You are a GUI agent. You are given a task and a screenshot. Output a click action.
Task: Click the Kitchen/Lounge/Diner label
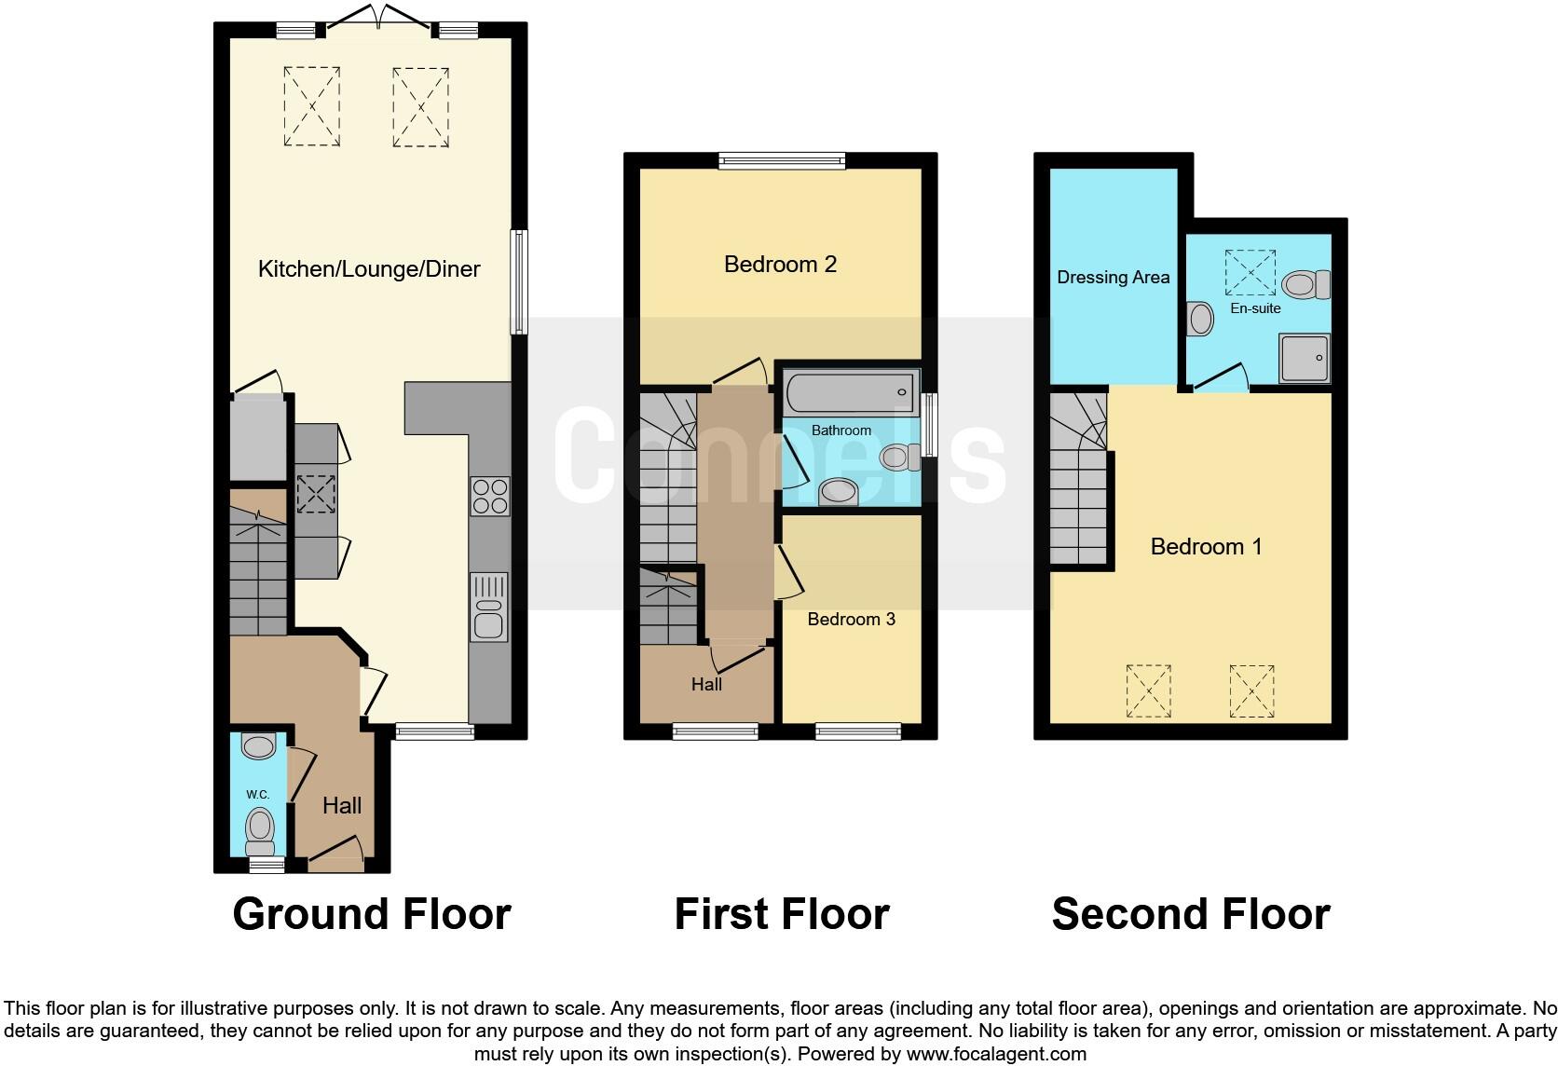click(x=369, y=269)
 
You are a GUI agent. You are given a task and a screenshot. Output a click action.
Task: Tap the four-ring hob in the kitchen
click(x=490, y=496)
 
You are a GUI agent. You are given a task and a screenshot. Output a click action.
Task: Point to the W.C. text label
click(x=258, y=795)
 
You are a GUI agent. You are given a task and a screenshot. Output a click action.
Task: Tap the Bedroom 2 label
click(x=780, y=265)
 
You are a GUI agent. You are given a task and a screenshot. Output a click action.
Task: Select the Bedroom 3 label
click(x=851, y=620)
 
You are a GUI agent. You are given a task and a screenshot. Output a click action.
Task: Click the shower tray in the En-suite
click(x=1304, y=358)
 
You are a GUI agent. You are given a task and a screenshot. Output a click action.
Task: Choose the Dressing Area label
click(x=1113, y=278)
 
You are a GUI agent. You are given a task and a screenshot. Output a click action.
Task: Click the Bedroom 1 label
click(x=1206, y=547)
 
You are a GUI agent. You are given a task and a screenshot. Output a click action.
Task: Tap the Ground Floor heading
click(x=371, y=914)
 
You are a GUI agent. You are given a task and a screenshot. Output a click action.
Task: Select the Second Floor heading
click(x=1190, y=914)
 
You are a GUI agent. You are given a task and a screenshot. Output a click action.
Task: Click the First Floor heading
click(x=781, y=914)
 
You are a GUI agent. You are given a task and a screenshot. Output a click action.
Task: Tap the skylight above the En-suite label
click(x=1250, y=265)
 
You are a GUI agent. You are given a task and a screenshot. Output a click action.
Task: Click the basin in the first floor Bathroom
click(x=838, y=491)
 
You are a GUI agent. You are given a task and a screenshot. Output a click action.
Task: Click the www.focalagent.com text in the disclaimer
click(x=996, y=1055)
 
